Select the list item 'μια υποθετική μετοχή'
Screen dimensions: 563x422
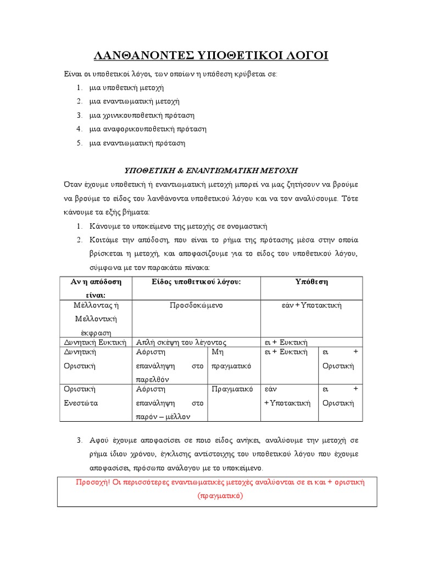tap(127, 87)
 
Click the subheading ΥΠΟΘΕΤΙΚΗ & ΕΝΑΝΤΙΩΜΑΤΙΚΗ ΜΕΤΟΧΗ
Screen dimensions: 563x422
tap(212, 170)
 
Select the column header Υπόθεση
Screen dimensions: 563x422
tap(312, 281)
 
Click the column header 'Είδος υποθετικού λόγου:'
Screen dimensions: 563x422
tap(197, 281)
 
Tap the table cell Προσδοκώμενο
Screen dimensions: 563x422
tap(196, 305)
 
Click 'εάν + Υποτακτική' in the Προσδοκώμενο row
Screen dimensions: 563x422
tap(311, 305)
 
